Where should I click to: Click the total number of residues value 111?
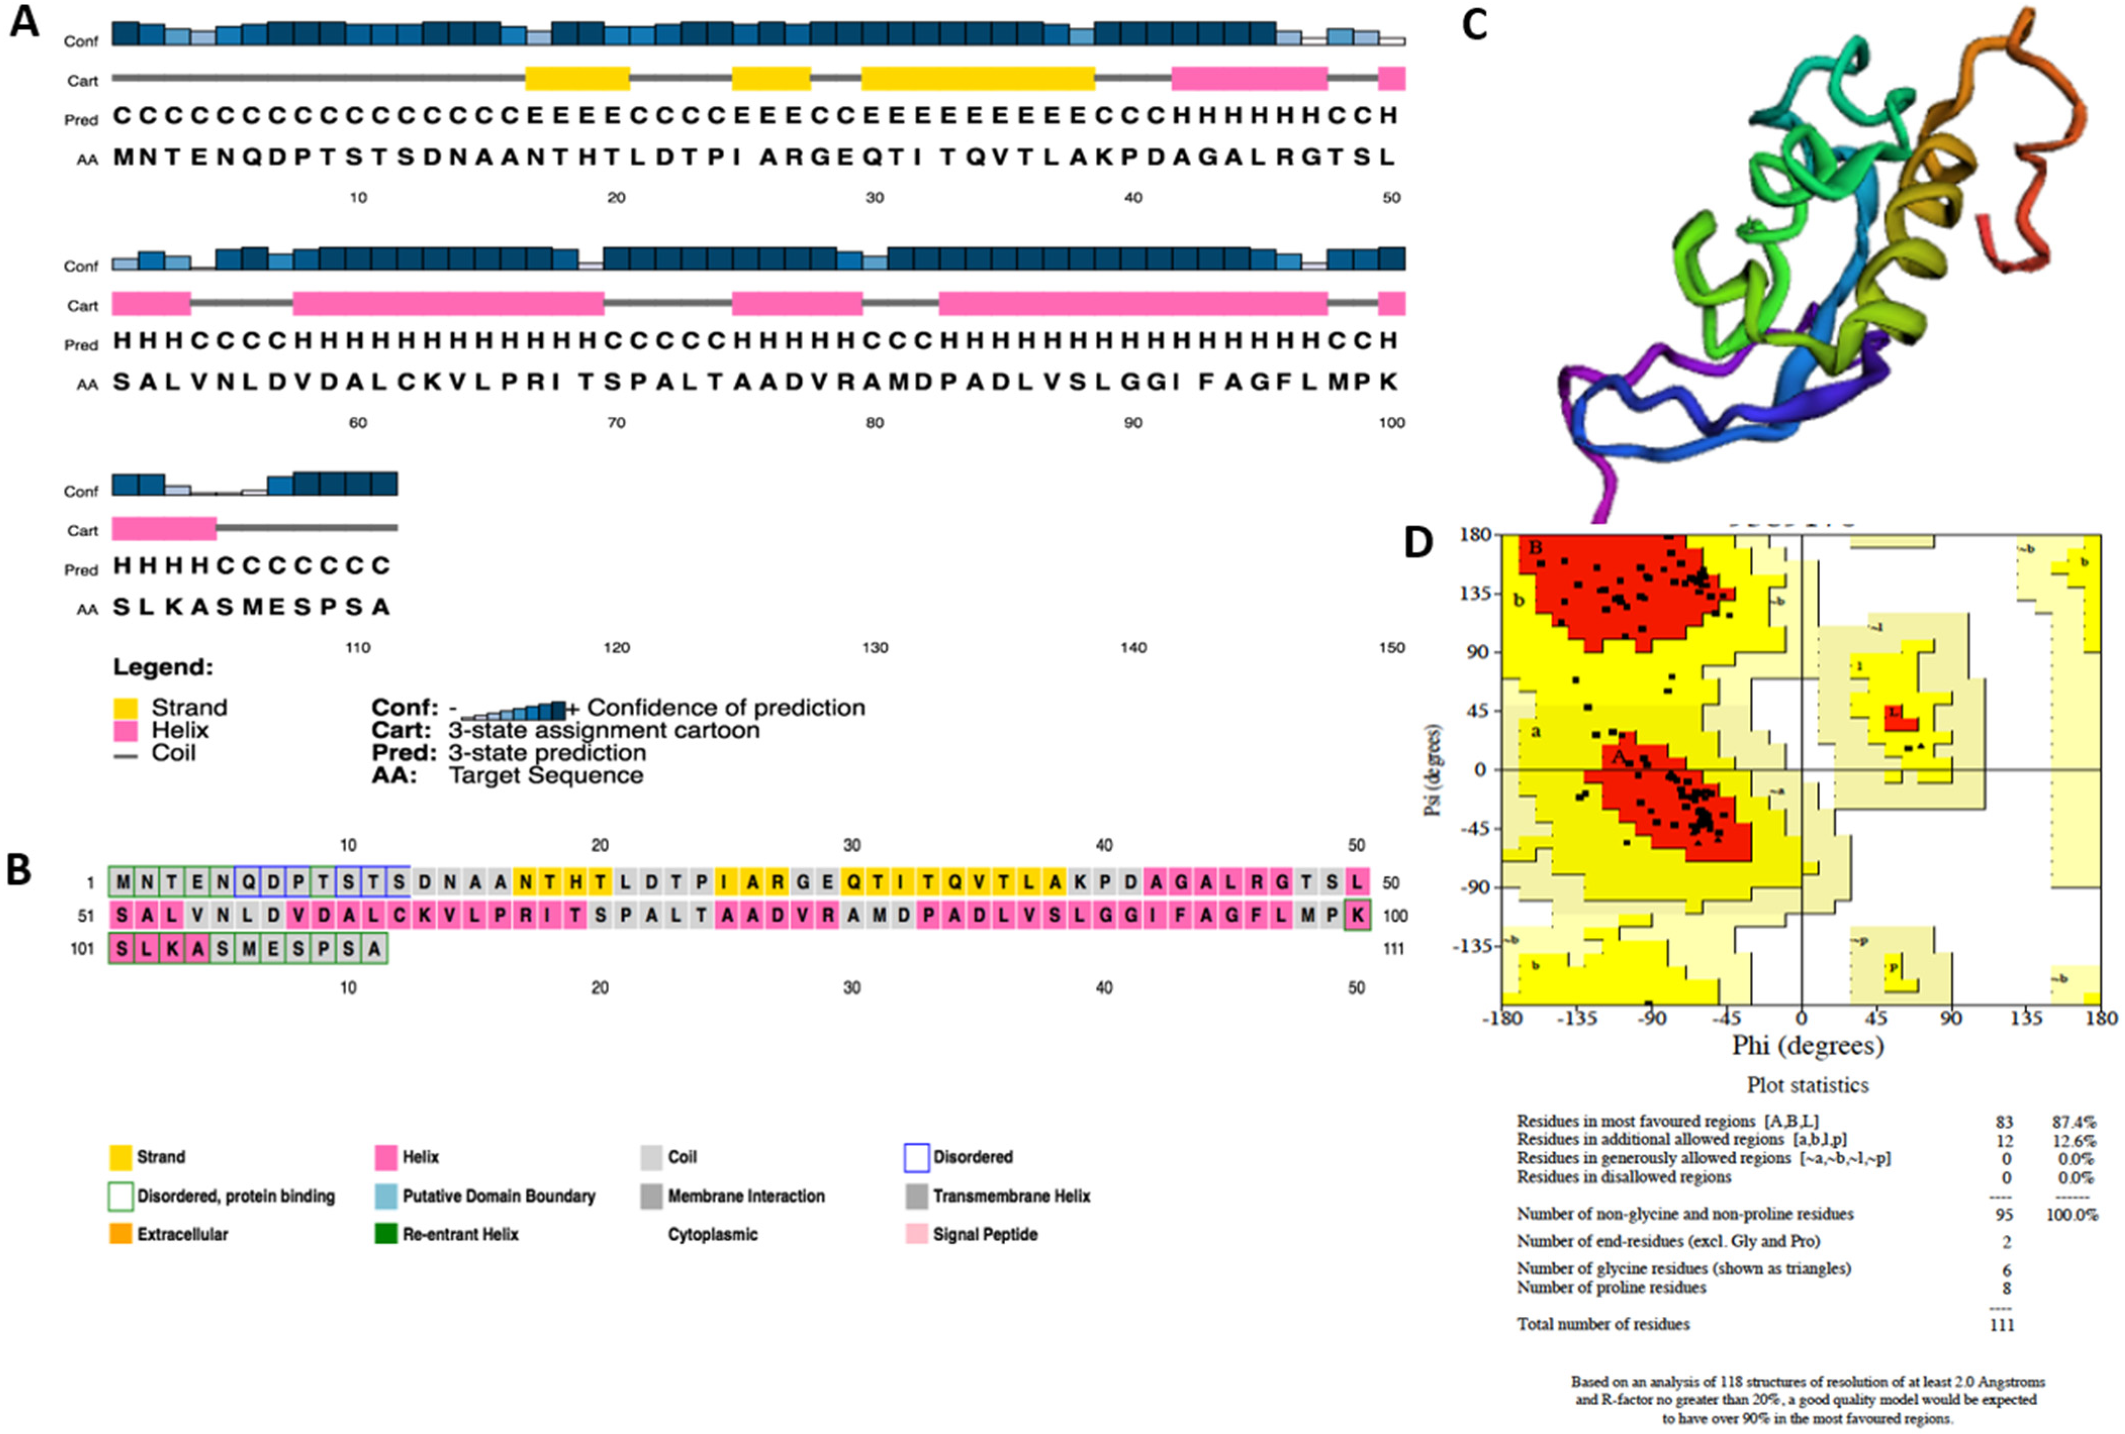coord(2002,1324)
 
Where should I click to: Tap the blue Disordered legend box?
coord(916,1158)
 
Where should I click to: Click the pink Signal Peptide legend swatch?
coord(916,1234)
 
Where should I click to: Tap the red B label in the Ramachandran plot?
coord(1536,549)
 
